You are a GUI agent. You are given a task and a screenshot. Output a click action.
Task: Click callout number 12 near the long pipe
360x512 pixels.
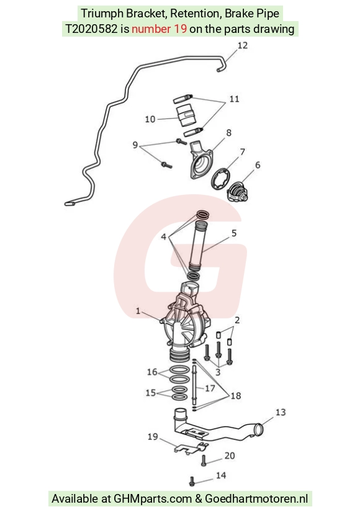[x=243, y=45]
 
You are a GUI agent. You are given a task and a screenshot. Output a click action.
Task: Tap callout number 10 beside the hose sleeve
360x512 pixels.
[x=150, y=119]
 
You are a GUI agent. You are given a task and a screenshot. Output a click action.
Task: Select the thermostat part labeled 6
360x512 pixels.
[x=238, y=192]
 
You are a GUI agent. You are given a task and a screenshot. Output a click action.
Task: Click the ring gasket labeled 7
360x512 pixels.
[x=220, y=178]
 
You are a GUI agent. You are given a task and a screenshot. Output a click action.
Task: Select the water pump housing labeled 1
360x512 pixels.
[x=186, y=325]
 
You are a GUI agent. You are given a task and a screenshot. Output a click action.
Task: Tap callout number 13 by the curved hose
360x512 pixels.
[x=281, y=413]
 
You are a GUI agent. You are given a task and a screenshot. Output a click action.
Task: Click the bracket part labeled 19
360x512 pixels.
[x=191, y=448]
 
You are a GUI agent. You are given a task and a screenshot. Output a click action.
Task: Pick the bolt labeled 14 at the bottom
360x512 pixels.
[x=192, y=481]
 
